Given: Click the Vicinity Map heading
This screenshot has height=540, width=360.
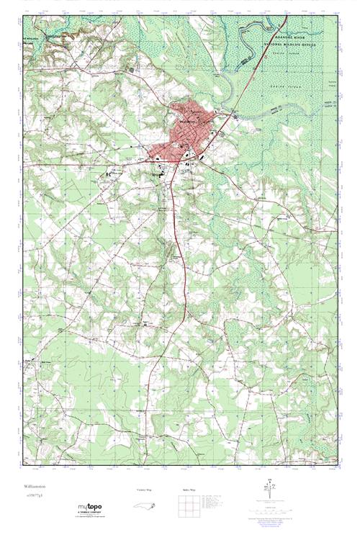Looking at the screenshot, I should tap(145, 490).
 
